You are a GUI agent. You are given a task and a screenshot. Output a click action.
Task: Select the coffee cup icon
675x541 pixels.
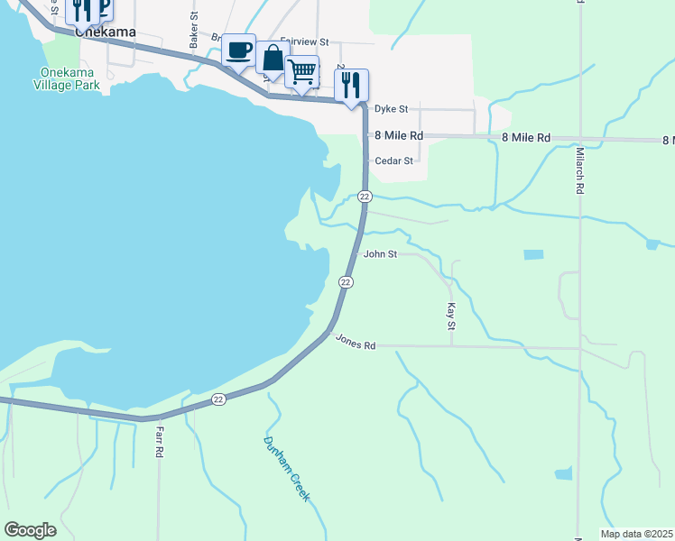[239, 50]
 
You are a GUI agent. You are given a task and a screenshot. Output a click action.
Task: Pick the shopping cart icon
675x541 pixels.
[302, 70]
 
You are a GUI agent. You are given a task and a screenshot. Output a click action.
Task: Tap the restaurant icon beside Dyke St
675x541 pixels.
[351, 84]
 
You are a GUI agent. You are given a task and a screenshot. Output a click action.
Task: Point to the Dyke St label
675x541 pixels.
[392, 108]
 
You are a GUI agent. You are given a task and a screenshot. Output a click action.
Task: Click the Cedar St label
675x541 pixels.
[393, 161]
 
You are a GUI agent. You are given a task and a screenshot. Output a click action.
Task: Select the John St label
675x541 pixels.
[380, 254]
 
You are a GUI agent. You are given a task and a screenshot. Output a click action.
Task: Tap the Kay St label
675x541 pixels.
[450, 316]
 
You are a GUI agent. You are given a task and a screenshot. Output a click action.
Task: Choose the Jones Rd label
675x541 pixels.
[355, 343]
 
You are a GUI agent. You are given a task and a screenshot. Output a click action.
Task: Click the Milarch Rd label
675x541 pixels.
[579, 172]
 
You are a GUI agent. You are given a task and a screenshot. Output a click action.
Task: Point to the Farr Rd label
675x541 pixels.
[159, 441]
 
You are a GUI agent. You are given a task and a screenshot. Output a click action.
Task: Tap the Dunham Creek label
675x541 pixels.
[287, 469]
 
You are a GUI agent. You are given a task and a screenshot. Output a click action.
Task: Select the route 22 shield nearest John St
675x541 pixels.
[345, 281]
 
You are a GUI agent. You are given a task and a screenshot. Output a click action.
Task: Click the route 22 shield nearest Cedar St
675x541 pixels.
[364, 197]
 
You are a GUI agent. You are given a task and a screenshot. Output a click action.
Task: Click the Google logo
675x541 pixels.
[30, 530]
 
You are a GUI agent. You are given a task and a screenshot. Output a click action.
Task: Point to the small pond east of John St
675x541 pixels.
[533, 255]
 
